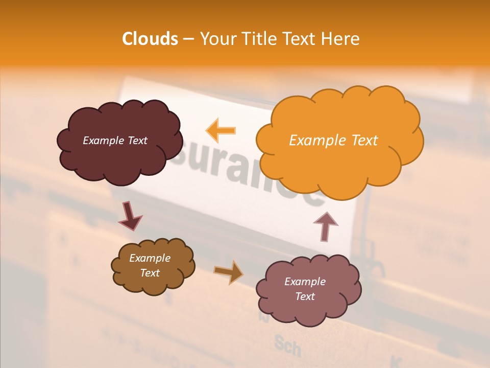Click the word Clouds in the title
pyautogui.click(x=150, y=39)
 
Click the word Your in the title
pyautogui.click(x=218, y=39)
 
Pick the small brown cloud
pyautogui.click(x=152, y=266)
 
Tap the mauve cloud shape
pyautogui.click(x=308, y=290)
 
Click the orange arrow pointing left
pyautogui.click(x=221, y=130)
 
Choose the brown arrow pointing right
pyautogui.click(x=229, y=272)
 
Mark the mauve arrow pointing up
pyautogui.click(x=326, y=225)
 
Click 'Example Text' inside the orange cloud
pyautogui.click(x=333, y=140)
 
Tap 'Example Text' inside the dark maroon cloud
pyautogui.click(x=115, y=141)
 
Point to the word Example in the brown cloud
pyautogui.click(x=150, y=258)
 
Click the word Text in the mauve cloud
pyautogui.click(x=305, y=296)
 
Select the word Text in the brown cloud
pyautogui.click(x=150, y=273)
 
